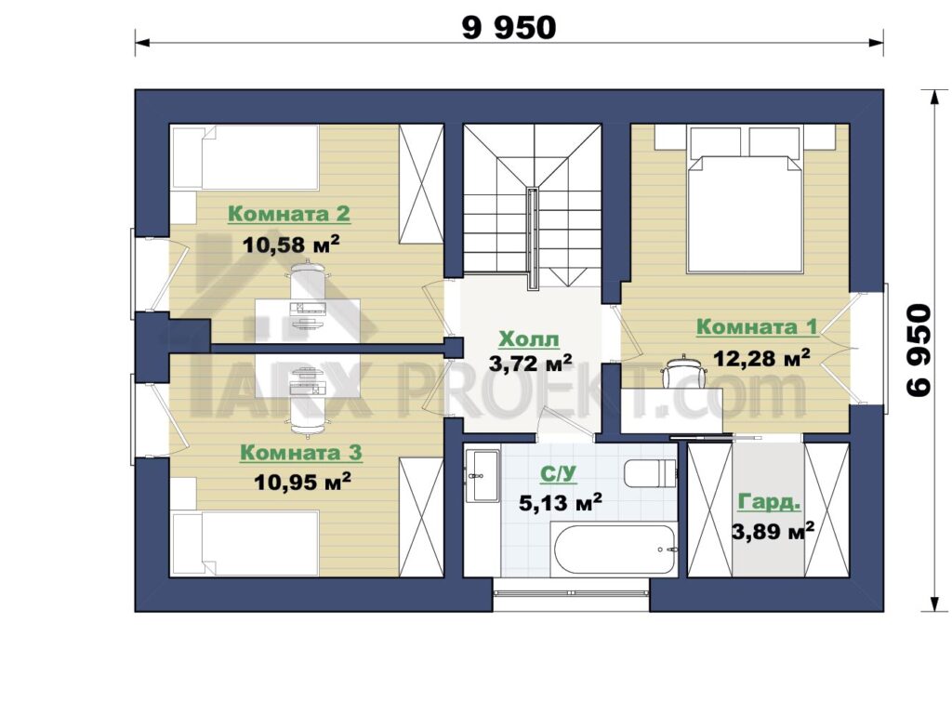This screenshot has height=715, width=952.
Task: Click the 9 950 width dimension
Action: pos(509,28)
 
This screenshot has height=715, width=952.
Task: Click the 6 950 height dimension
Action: pos(919,351)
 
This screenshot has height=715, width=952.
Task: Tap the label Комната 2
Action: pos(289,214)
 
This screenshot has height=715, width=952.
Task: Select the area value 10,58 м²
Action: pos(291,244)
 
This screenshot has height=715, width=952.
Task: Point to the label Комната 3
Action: pos(301,453)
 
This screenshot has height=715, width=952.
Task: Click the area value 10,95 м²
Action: pos(302,483)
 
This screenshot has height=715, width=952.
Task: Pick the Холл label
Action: pos(529,339)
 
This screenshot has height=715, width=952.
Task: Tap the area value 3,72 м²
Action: pos(531,364)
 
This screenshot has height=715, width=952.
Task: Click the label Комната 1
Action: pos(757,326)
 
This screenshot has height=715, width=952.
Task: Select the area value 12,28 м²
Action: pos(761,358)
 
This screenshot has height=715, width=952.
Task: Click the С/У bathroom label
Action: pos(559,474)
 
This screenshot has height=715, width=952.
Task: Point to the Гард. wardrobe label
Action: pos(769,503)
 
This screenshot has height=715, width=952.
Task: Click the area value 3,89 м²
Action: pos(773,533)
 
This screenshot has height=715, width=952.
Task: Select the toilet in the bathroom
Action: pos(650,473)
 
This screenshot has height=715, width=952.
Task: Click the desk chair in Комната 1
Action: pos(684,371)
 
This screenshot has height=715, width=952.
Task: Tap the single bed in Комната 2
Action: pos(245,158)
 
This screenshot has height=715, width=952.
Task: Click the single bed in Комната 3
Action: pos(245,543)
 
